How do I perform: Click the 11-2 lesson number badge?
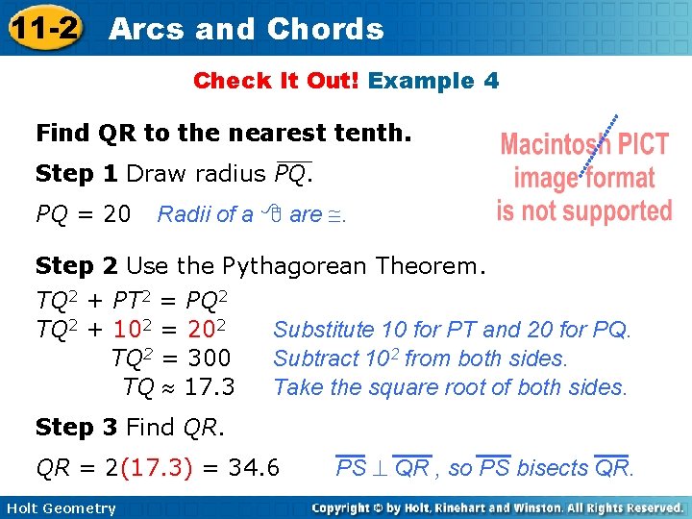click(x=42, y=29)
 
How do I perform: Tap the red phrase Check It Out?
click(x=276, y=81)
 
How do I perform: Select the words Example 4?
click(x=433, y=81)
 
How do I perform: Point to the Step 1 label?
click(x=77, y=174)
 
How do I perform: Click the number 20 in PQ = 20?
click(x=116, y=213)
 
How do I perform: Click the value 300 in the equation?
click(x=210, y=358)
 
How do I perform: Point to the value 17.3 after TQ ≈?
click(x=210, y=387)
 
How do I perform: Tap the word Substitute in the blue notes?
click(x=324, y=330)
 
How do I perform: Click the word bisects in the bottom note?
click(x=552, y=468)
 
